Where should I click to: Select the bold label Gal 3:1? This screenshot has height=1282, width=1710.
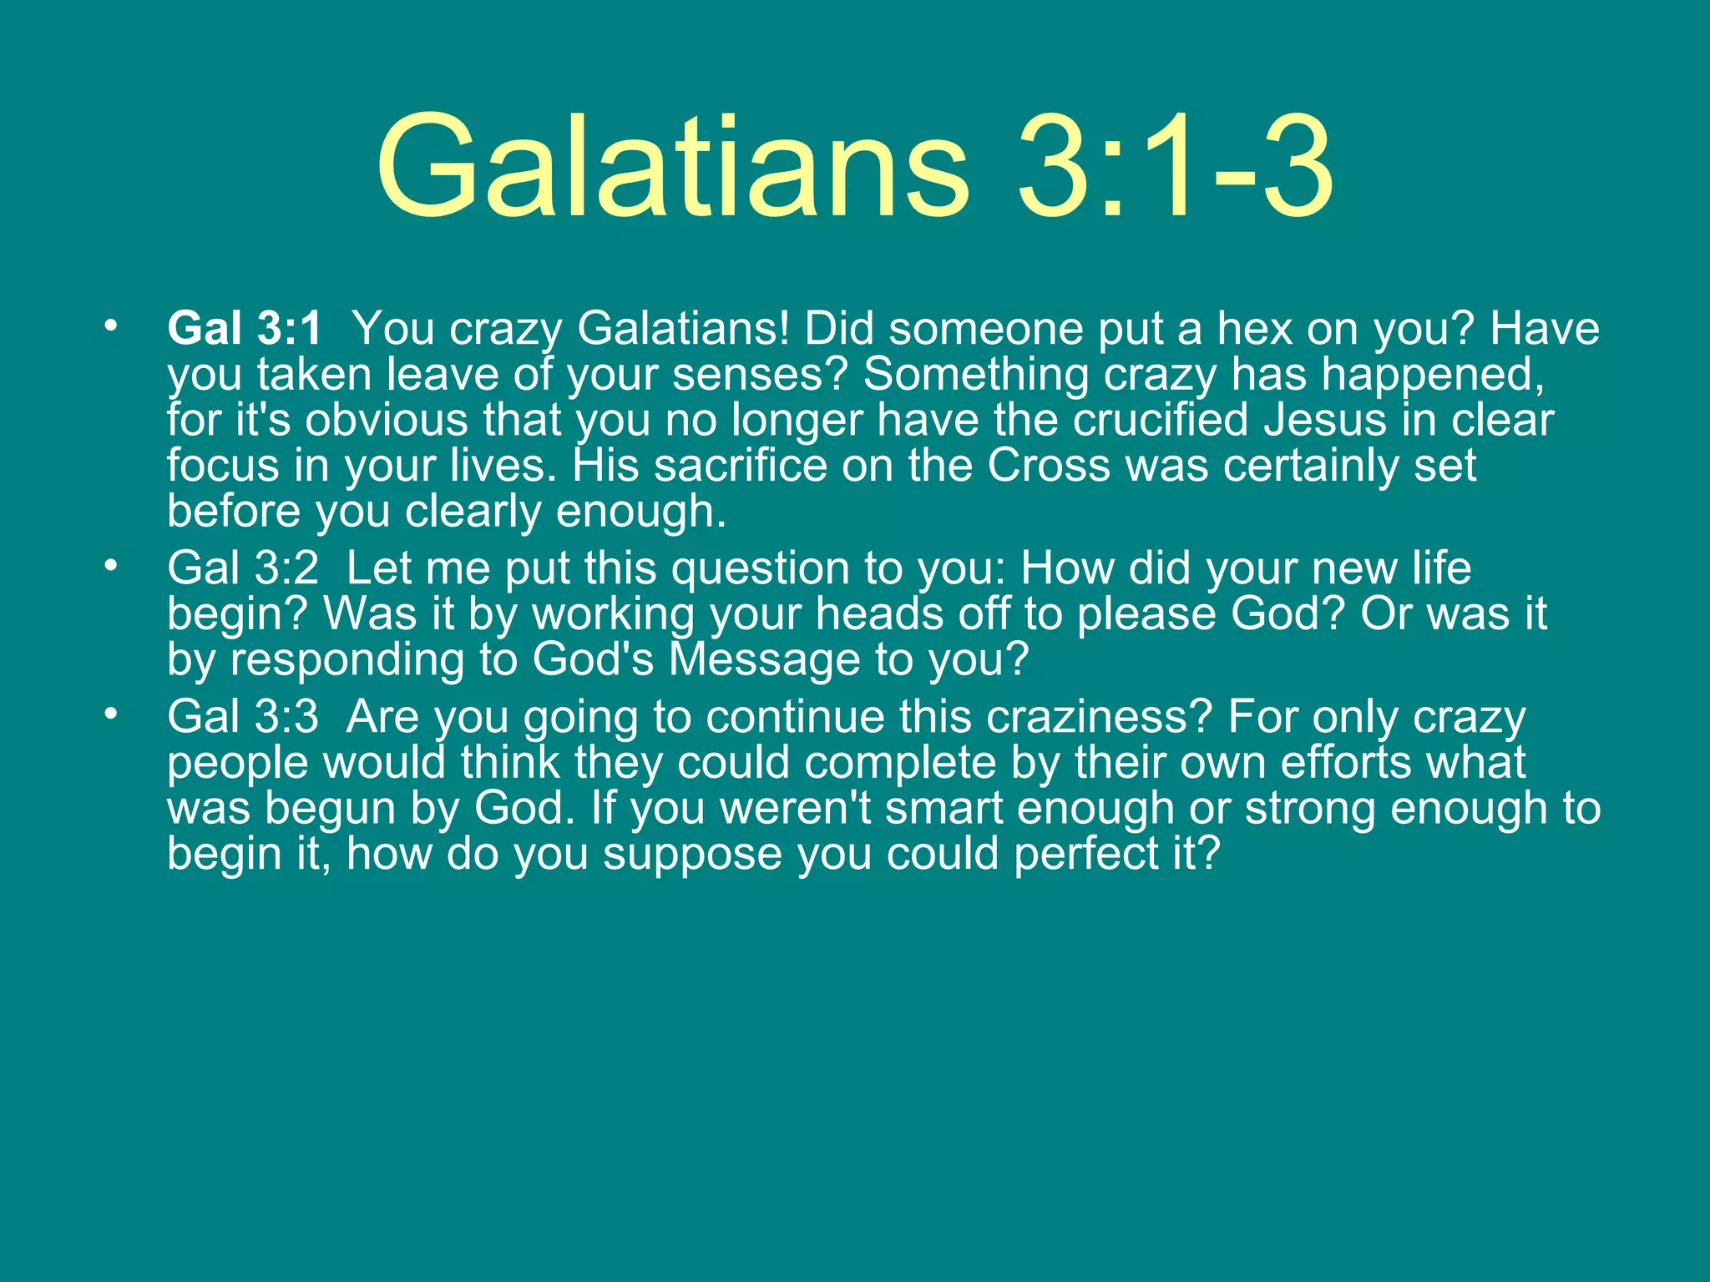244,328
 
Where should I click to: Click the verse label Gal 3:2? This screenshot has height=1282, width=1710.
243,568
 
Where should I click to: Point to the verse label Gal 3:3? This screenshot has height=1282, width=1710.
243,717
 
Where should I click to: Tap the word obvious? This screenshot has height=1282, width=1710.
386,420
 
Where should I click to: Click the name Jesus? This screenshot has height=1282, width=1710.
1325,420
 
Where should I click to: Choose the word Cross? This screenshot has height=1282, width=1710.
1049,466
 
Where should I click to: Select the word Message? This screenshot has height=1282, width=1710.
764,659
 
